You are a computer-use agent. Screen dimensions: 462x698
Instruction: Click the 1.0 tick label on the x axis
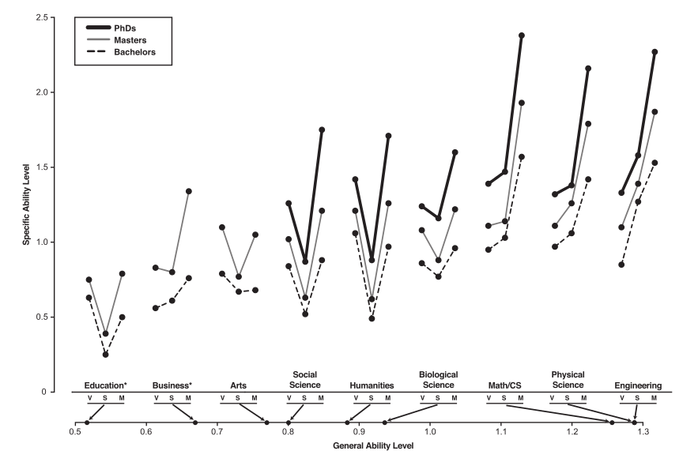[x=429, y=434]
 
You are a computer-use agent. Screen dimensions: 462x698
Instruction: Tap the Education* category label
[x=105, y=385]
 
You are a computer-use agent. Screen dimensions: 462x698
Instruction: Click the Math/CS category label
[x=505, y=385]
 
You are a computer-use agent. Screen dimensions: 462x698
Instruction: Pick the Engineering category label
[x=638, y=385]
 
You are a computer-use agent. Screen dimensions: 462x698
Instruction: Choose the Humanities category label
[x=372, y=385]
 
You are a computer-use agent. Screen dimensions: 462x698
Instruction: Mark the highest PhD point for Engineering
[x=655, y=52]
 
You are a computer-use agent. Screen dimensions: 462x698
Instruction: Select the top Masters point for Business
[x=189, y=191]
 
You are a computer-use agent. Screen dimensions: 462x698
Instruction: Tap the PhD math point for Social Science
[x=322, y=130]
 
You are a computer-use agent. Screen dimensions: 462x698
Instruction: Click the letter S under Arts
[x=238, y=397]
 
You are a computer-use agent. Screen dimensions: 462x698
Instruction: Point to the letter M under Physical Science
[x=587, y=397]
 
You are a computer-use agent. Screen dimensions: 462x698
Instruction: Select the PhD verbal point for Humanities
[x=355, y=179]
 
